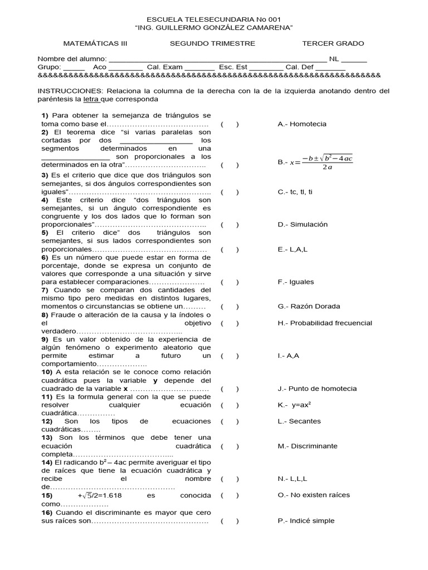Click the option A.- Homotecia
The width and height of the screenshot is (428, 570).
point(301,124)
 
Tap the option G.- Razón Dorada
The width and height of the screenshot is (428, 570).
point(308,306)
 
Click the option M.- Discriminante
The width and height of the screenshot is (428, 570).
point(307,446)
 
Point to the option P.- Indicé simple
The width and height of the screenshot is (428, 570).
point(306,521)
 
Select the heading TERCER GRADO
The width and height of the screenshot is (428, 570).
point(333,43)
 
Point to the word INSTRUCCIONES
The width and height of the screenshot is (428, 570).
point(70,91)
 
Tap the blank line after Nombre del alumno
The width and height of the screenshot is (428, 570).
point(217,59)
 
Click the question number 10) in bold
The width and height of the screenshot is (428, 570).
point(47,372)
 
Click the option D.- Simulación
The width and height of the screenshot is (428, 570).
point(303,224)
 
